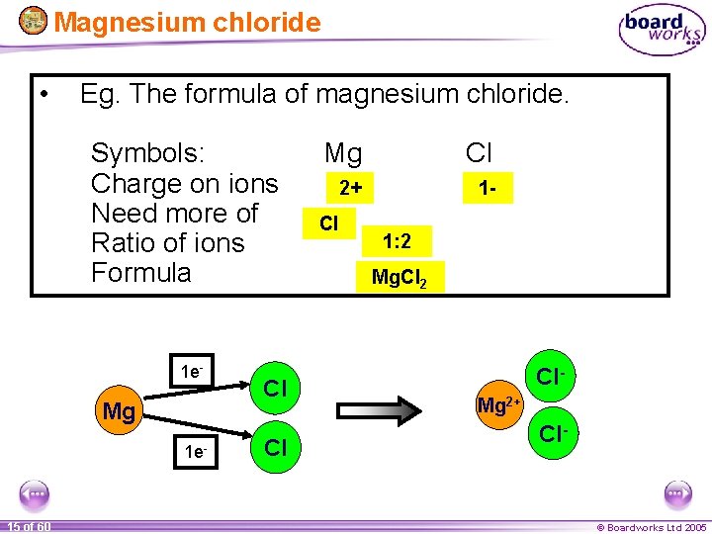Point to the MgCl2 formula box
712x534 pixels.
pos(400,277)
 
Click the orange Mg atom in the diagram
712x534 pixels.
pos(119,410)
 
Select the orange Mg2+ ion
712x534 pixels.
pos(500,404)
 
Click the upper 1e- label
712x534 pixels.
pos(192,372)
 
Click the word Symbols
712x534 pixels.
pos(147,153)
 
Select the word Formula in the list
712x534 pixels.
pos(140,272)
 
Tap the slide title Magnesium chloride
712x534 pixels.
pos(187,22)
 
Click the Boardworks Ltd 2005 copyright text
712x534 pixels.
pos(651,527)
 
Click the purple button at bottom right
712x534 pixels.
pos(678,493)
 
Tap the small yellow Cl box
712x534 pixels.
pos(328,223)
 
